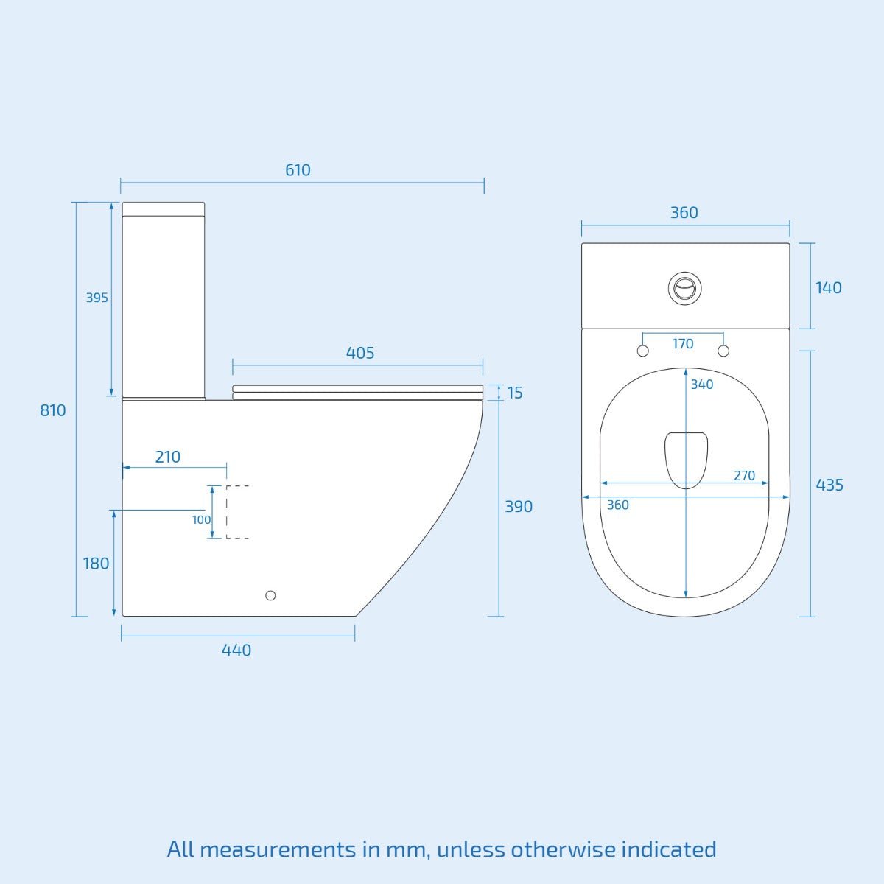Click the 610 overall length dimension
(298, 170)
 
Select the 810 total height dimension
(53, 410)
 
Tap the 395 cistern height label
(97, 298)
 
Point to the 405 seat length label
(360, 354)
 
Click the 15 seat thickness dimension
(515, 393)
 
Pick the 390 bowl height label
(519, 506)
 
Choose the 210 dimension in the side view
(168, 457)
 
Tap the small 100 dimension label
(201, 520)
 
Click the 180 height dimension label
(96, 564)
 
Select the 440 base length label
(236, 650)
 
